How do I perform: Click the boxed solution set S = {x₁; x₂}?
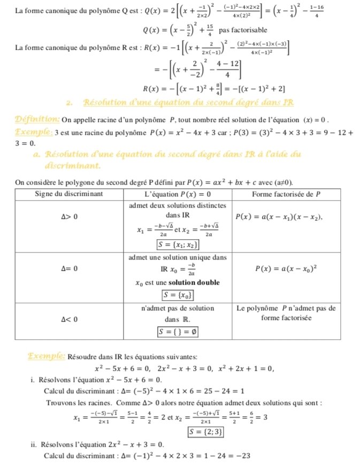pyautogui.click(x=179, y=245)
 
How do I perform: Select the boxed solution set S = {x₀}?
pyautogui.click(x=179, y=295)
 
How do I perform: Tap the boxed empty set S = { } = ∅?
pyautogui.click(x=179, y=332)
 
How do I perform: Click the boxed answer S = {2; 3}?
pyautogui.click(x=205, y=431)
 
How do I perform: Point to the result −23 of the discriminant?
pyautogui.click(x=242, y=456)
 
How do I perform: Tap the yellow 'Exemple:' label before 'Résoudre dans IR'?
pyautogui.click(x=48, y=356)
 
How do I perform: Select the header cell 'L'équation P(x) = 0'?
pyautogui.click(x=178, y=193)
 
